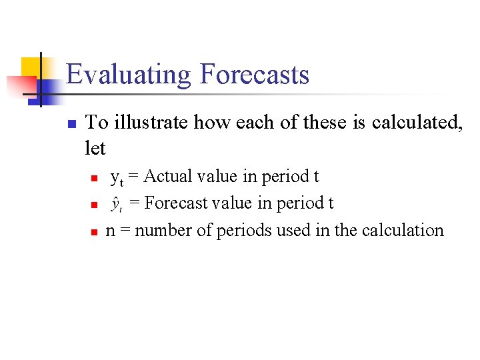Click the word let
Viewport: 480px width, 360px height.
pos(96,147)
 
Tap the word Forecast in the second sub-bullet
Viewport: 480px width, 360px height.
pos(168,203)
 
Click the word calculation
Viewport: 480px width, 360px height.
pos(403,231)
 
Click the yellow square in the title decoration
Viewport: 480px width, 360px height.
pos(31,67)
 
